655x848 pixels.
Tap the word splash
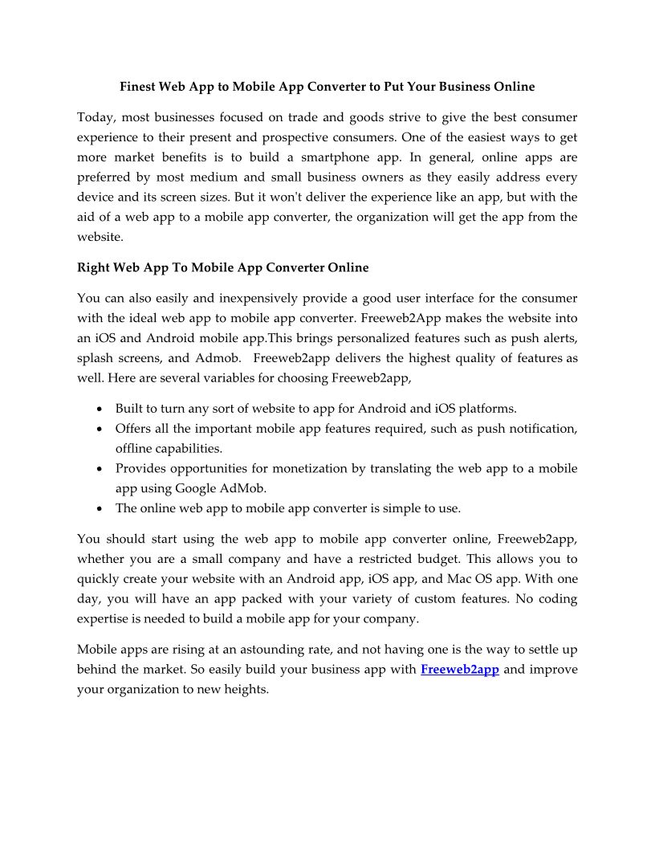pyautogui.click(x=96, y=357)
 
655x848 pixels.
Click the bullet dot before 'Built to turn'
pyautogui.click(x=98, y=410)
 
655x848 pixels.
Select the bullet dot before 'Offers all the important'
pyautogui.click(x=98, y=430)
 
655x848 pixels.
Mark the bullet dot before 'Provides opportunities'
pyautogui.click(x=98, y=469)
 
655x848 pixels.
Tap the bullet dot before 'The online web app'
pyautogui.click(x=98, y=508)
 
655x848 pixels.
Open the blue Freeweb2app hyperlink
pyautogui.click(x=460, y=670)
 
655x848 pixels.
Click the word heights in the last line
pyautogui.click(x=244, y=689)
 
